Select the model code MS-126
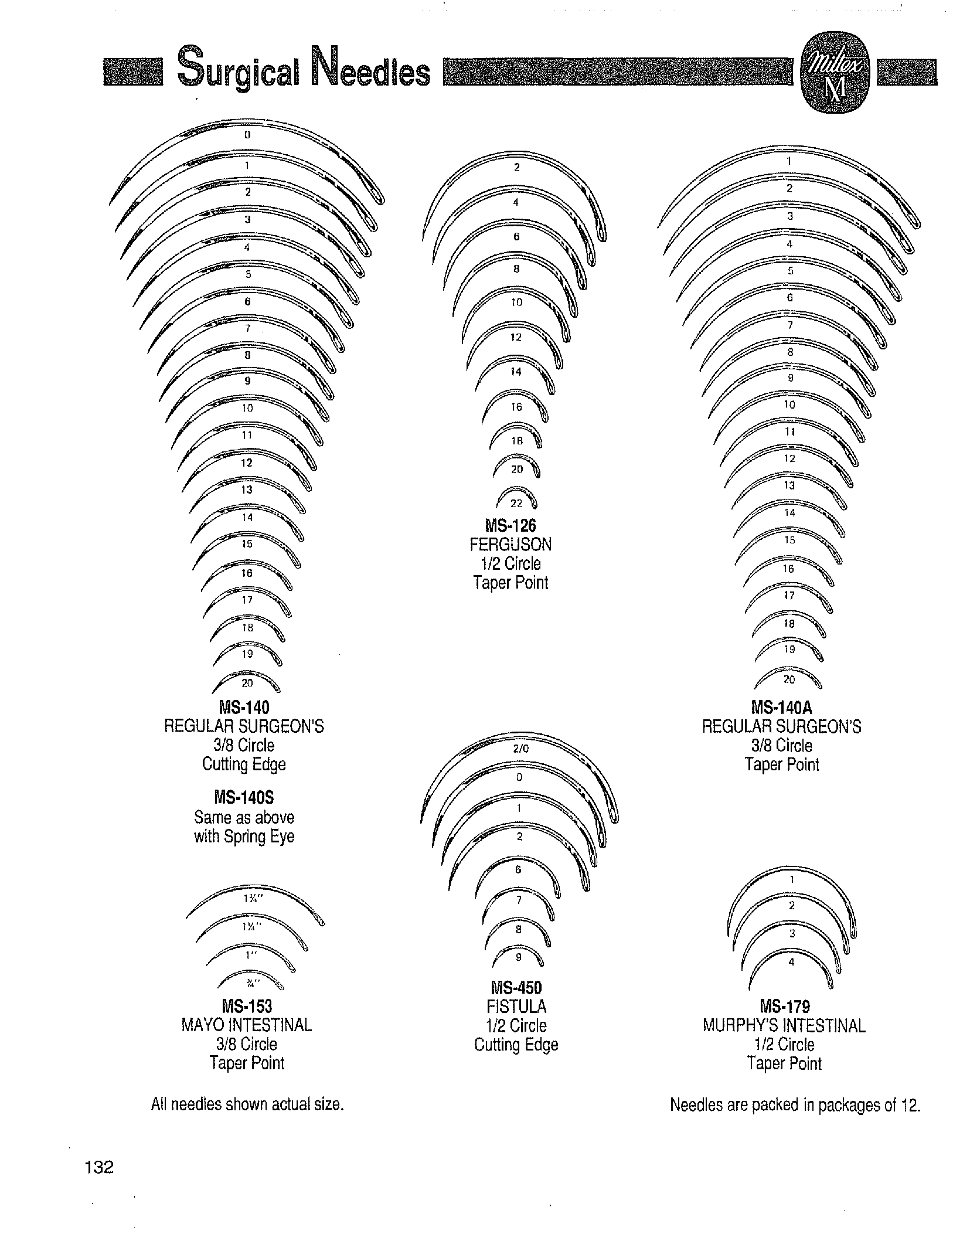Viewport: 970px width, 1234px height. pos(511,525)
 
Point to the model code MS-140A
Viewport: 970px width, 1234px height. pos(782,708)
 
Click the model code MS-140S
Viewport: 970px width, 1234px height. pos(244,797)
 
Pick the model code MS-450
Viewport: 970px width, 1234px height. pos(516,988)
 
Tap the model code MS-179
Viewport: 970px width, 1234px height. pos(785,1007)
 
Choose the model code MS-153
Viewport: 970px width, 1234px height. pos(247,1006)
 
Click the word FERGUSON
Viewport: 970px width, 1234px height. pos(511,545)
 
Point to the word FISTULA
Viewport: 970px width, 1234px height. pos(516,1007)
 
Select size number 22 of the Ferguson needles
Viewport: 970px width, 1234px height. pos(516,503)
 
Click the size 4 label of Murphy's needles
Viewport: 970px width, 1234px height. pos(791,962)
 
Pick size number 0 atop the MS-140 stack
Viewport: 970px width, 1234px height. pos(247,135)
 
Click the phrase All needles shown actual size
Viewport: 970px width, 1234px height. pos(247,1104)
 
